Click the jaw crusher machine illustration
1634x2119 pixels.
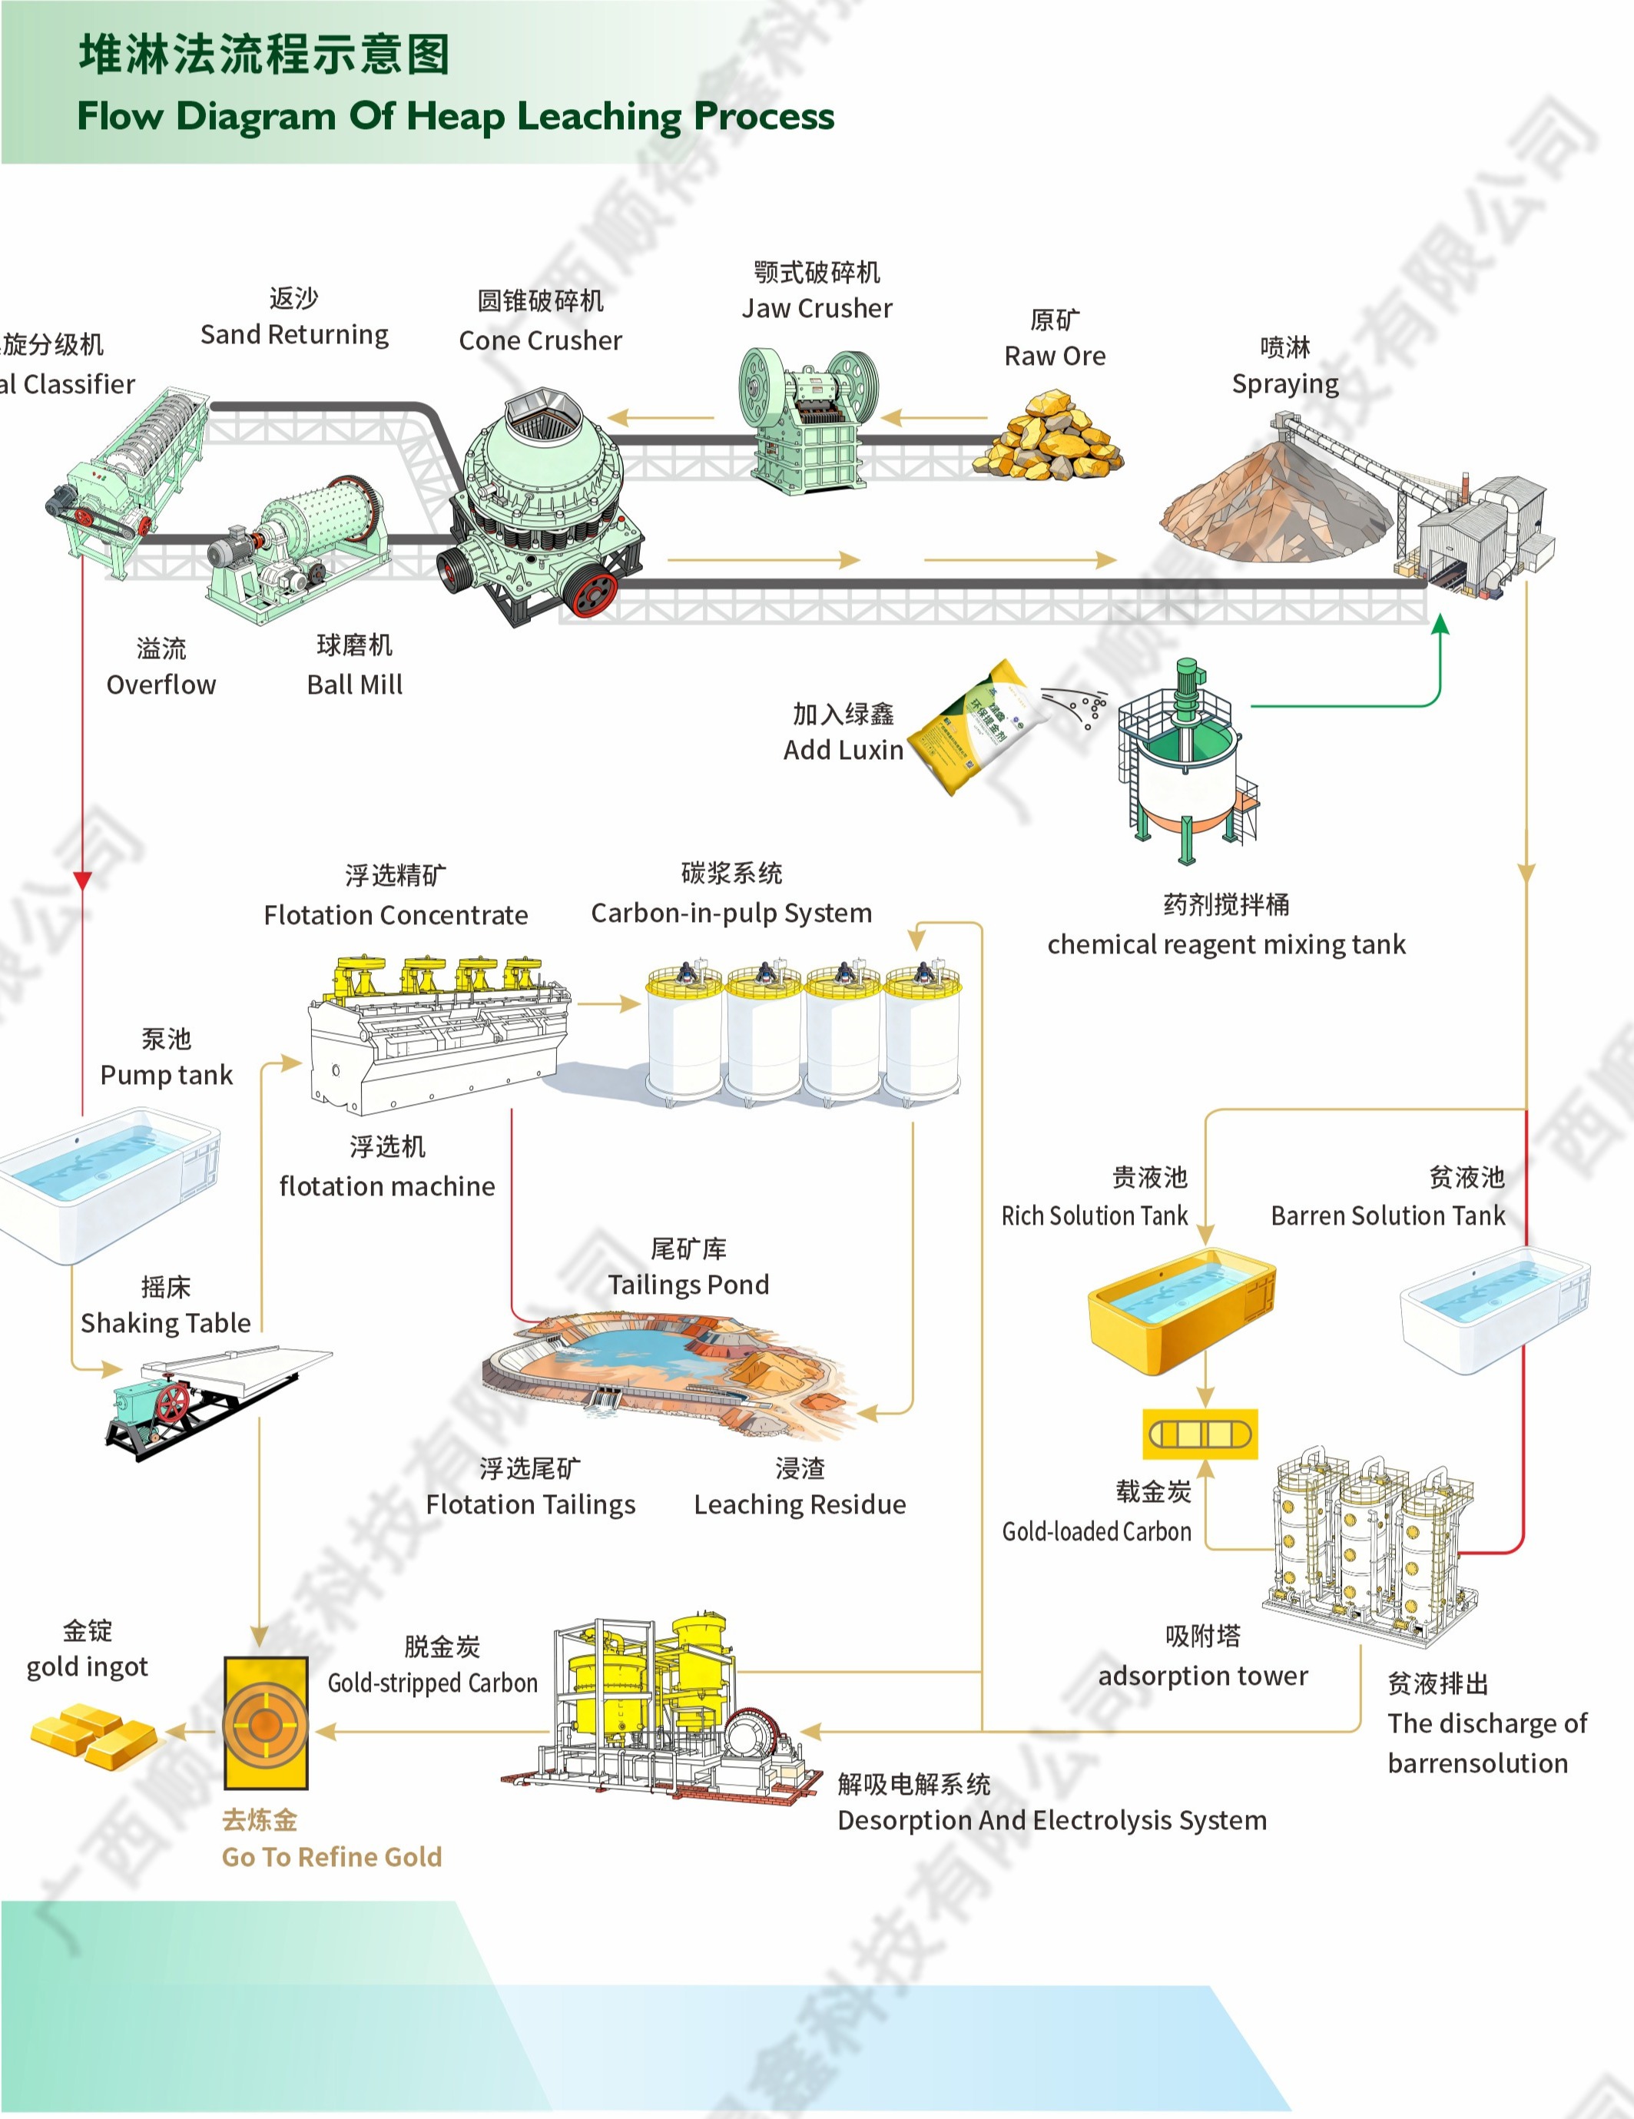[x=808, y=419]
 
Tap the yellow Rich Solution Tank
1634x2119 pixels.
[x=1180, y=1311]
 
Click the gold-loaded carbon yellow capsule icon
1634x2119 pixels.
[x=1200, y=1434]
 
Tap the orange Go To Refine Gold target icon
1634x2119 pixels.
[x=265, y=1725]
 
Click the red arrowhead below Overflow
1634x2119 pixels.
[x=82, y=880]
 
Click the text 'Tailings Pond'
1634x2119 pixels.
[x=688, y=1285]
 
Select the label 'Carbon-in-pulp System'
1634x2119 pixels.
[x=731, y=913]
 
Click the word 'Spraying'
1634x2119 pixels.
[x=1284, y=384]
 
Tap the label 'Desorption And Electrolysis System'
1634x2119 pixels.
[x=1052, y=1820]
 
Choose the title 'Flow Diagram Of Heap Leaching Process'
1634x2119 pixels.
[x=455, y=117]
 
